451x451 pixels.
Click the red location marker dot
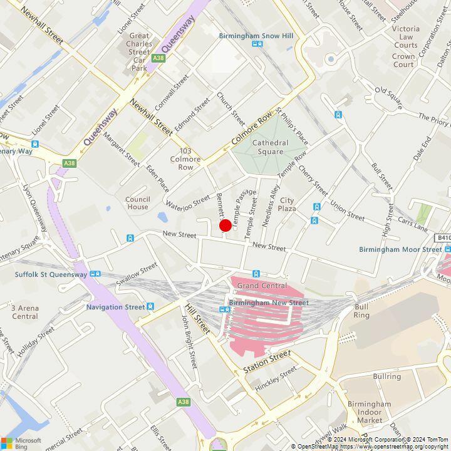(225, 226)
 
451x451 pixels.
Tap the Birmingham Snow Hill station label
(256, 36)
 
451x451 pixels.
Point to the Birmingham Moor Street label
(400, 249)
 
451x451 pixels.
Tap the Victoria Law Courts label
(405, 37)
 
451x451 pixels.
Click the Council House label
(137, 203)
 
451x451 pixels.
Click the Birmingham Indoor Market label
(382, 412)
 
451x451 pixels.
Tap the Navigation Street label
(115, 307)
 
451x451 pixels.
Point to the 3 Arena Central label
(24, 312)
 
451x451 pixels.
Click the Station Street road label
(267, 363)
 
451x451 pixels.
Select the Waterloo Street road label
(188, 201)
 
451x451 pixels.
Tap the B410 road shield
(443, 238)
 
